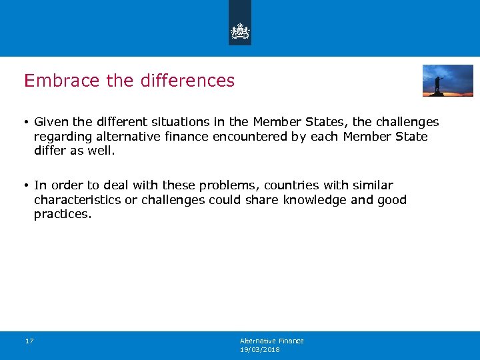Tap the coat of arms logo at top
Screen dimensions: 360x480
click(x=240, y=31)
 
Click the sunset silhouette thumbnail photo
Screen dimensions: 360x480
click(x=447, y=81)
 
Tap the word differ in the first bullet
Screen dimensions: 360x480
click(x=47, y=151)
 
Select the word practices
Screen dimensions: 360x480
click(x=63, y=215)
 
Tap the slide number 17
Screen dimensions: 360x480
click(x=29, y=341)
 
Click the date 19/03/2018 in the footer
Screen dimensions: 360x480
click(x=260, y=349)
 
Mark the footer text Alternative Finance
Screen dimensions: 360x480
click(x=272, y=341)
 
